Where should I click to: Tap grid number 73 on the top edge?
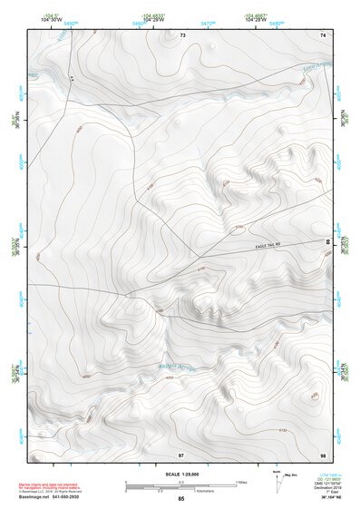pos(181,34)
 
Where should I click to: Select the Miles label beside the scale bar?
pos(242,482)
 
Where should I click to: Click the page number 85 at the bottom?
pos(180,500)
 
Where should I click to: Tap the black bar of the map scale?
pos(163,487)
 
